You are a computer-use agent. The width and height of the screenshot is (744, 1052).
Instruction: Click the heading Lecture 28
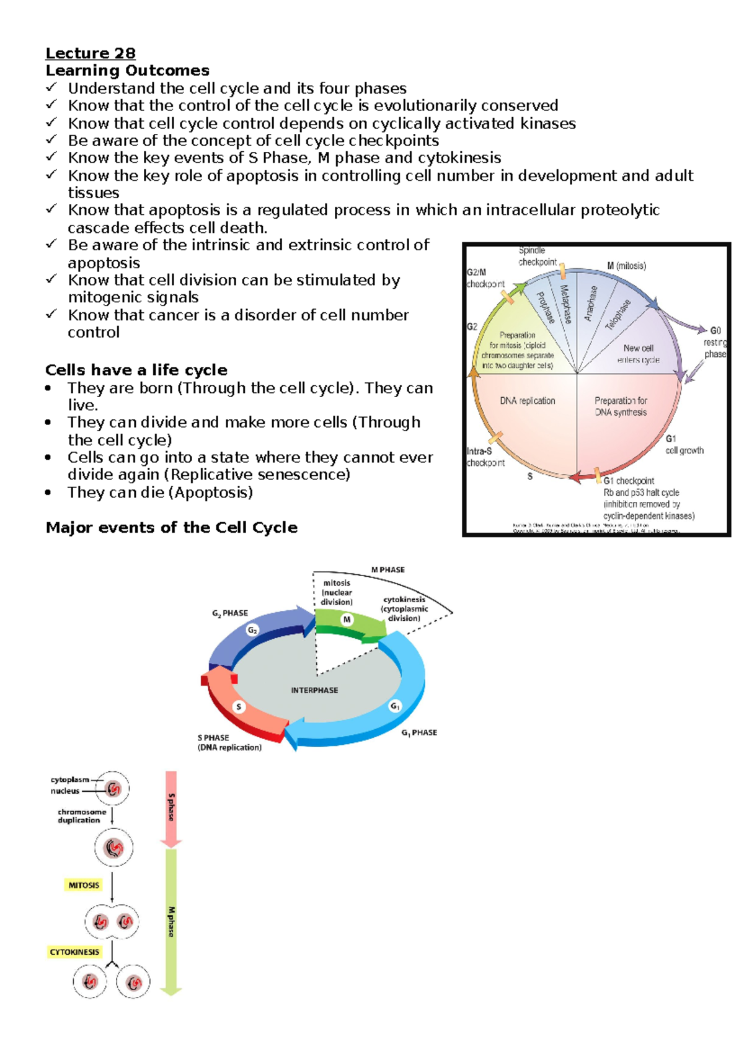point(91,53)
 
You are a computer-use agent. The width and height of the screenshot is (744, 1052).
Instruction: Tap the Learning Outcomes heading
point(127,71)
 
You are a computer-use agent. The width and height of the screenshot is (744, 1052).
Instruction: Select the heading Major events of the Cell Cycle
point(171,528)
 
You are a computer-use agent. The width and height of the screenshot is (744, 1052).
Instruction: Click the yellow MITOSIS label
point(84,885)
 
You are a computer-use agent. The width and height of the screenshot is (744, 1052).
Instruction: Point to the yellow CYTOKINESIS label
point(74,952)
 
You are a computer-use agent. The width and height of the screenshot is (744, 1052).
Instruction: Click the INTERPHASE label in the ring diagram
point(314,690)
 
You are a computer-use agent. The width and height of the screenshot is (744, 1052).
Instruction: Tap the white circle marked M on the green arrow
point(347,619)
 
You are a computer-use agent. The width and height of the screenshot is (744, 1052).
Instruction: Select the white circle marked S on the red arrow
point(239,707)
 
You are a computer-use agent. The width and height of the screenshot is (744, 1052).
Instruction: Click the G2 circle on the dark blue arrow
point(252,631)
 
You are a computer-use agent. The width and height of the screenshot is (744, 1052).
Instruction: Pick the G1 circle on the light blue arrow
point(395,706)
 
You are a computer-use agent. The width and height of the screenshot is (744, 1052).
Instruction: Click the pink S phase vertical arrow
point(171,808)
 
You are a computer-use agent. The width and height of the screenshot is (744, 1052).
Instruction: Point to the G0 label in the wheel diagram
point(715,331)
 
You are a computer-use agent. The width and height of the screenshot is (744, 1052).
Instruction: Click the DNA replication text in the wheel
point(528,401)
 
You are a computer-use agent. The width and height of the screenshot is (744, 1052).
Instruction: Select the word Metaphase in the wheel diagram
point(565,304)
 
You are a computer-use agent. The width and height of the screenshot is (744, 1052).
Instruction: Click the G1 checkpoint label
point(629,481)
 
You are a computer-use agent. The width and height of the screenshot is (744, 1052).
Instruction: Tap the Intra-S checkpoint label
point(485,457)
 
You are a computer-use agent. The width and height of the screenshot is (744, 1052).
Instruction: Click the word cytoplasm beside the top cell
point(70,780)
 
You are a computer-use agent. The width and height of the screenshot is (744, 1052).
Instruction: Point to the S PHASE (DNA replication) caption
point(229,743)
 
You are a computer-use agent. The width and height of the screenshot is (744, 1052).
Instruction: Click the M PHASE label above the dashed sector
point(387,570)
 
